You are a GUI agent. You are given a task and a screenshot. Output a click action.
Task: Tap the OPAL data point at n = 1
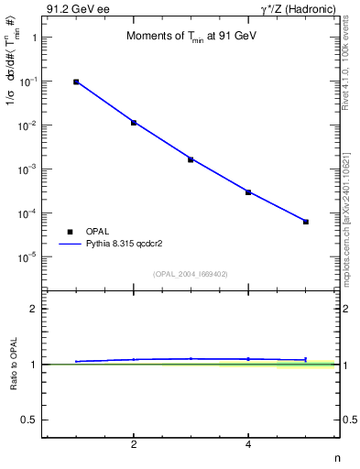[x=76, y=82]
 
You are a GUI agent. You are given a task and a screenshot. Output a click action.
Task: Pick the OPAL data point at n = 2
[x=134, y=122]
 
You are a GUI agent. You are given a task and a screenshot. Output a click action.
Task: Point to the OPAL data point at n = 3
[x=191, y=159]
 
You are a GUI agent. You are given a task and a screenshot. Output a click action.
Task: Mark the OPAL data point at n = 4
[x=248, y=192]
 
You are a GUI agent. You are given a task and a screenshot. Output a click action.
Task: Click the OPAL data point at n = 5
[x=306, y=222]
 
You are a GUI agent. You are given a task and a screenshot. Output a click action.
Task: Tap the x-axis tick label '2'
[x=134, y=445]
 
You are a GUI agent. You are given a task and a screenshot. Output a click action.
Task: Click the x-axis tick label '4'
[x=248, y=445]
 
